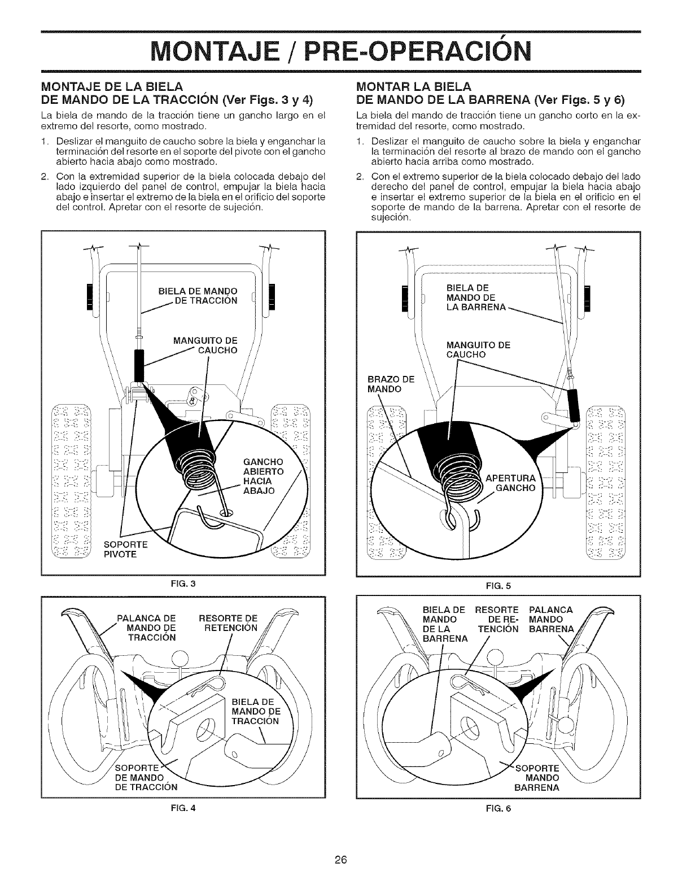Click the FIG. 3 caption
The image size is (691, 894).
(184, 581)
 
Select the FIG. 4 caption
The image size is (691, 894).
(184, 806)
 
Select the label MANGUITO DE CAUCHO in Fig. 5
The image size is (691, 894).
(478, 350)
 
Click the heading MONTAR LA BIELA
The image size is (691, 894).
(414, 86)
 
